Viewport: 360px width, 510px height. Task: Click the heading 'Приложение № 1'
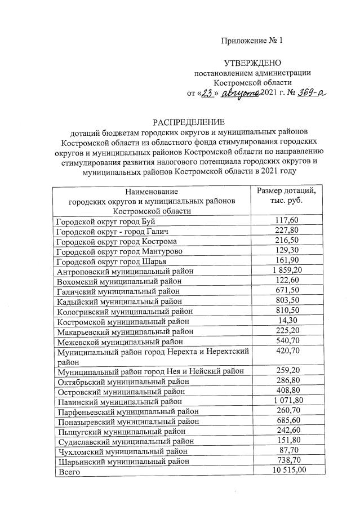[x=251, y=41]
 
